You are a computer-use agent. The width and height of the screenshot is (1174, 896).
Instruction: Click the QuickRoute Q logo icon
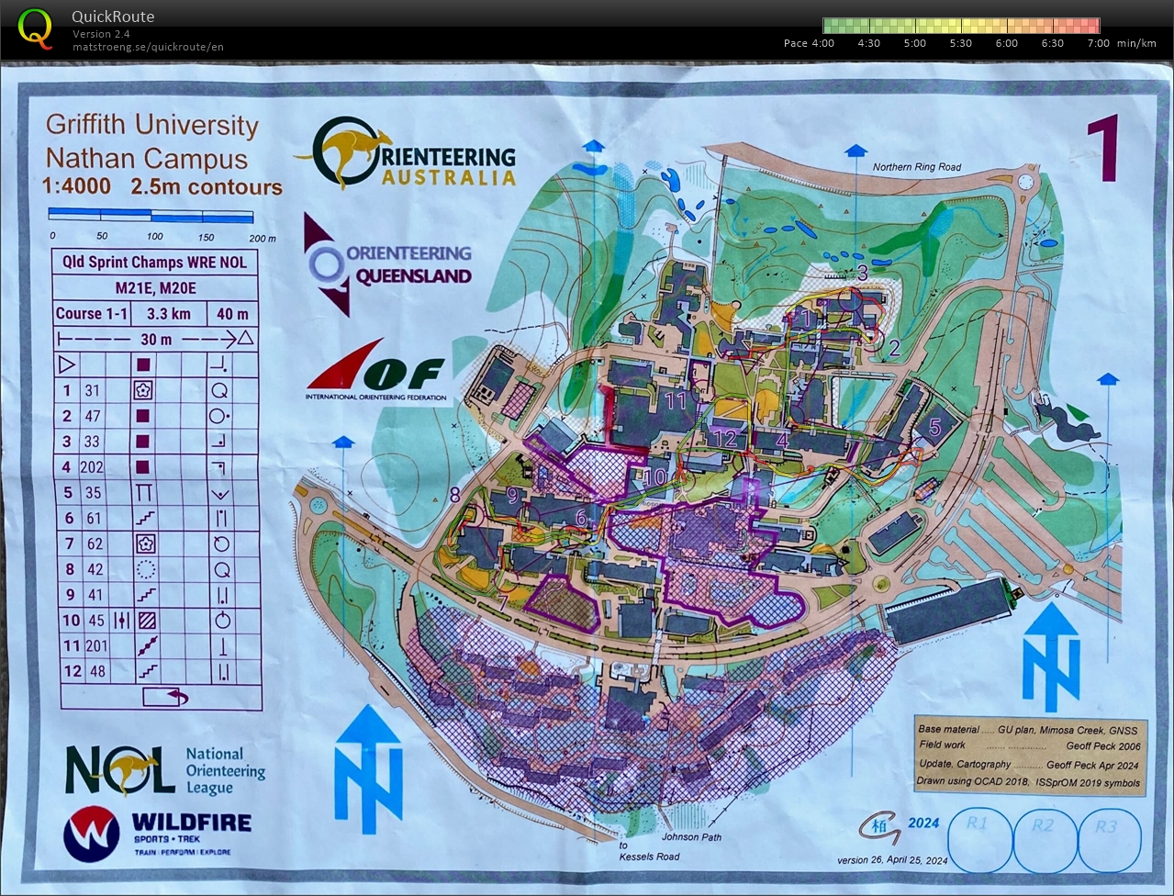[35, 27]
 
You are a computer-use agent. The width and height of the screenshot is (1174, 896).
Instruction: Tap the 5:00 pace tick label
[914, 43]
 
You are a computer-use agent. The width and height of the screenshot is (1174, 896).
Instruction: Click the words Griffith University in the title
[151, 125]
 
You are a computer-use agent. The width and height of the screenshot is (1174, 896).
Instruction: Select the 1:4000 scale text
[76, 186]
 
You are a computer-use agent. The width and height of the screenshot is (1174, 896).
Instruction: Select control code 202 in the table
[92, 467]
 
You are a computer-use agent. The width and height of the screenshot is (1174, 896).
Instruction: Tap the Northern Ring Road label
[916, 167]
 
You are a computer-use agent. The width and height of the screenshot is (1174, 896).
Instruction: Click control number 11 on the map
[676, 401]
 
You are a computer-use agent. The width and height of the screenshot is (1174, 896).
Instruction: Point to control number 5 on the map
[934, 426]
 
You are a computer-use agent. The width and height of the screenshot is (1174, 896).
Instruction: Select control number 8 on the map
[454, 496]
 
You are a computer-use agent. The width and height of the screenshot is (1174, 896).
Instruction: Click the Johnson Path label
[691, 837]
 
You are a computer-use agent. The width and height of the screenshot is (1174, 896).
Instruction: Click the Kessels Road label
[649, 857]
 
